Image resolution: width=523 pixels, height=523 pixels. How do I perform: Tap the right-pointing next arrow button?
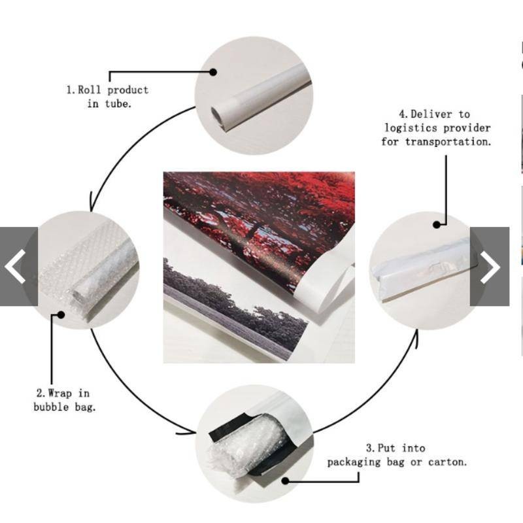coord(490,267)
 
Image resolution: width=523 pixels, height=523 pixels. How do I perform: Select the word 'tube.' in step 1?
coord(118,104)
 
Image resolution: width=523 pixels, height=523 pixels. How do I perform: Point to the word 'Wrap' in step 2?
coord(59,394)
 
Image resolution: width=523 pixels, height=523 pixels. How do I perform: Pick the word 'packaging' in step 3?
coord(354,462)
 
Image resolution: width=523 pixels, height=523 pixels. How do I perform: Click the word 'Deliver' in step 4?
coord(431,114)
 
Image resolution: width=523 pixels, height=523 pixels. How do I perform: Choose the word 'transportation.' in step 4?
coord(448,142)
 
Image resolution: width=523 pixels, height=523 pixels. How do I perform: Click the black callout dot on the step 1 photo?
coord(213,72)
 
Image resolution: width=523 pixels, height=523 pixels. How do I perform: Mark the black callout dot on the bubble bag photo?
coord(61,314)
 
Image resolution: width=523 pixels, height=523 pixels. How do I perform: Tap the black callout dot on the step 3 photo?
coord(285,481)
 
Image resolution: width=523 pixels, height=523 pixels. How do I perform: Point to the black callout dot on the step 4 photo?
coord(437,225)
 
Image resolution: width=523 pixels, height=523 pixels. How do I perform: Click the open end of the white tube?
coord(217,116)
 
